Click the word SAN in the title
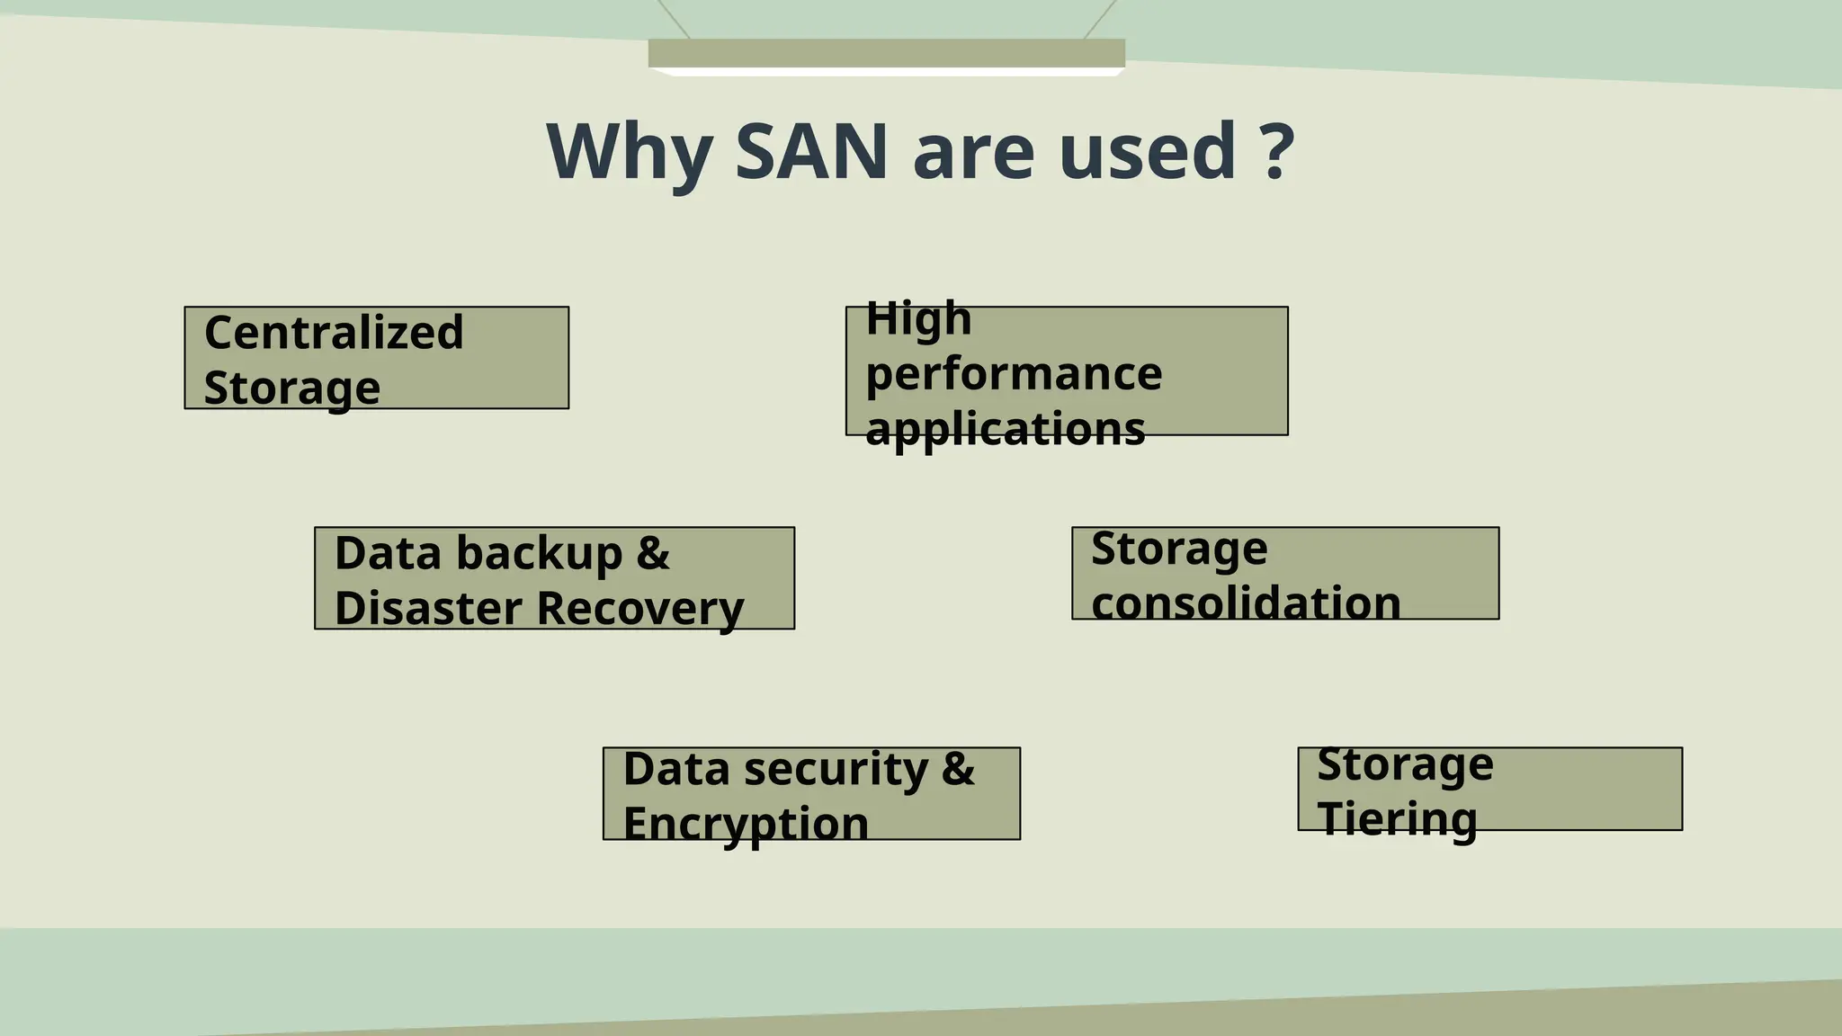click(811, 150)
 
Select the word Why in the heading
click(630, 150)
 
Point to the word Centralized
click(334, 332)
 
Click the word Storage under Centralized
click(291, 388)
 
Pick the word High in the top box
click(918, 318)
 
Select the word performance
click(1014, 373)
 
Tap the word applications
click(1005, 428)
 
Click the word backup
click(539, 552)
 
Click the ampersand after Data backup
click(653, 552)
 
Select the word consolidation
click(1246, 603)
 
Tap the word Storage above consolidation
click(1179, 548)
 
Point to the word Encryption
click(745, 824)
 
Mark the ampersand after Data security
click(958, 769)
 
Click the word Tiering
click(1397, 819)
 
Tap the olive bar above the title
click(886, 53)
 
